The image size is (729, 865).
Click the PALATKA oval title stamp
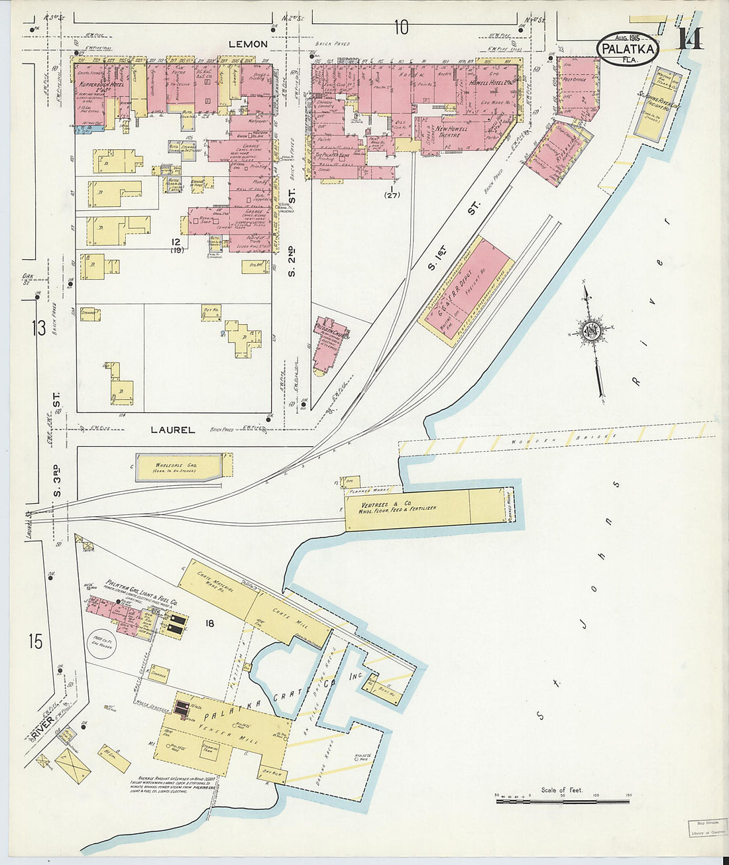pos(628,49)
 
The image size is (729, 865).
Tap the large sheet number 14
pos(689,39)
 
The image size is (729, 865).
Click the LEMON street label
pos(247,44)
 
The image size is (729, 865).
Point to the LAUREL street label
pos(172,430)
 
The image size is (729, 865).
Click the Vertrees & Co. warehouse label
pos(398,502)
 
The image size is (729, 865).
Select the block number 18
pos(210,623)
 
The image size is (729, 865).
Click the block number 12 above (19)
pos(175,241)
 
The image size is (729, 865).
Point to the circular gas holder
pos(102,642)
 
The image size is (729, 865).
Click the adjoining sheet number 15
pos(35,641)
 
